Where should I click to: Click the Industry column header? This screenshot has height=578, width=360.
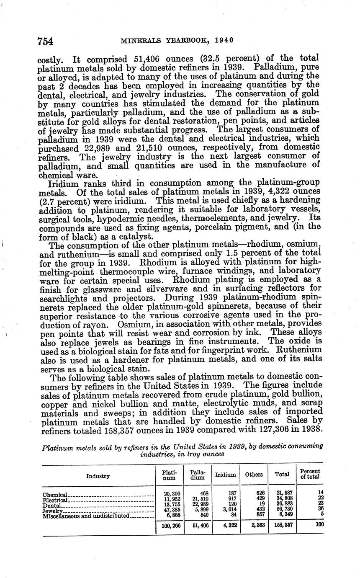point(98,476)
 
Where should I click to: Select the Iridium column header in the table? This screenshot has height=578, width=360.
point(225,475)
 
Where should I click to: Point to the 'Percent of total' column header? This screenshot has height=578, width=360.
point(310,474)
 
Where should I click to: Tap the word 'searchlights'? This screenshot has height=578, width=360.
point(67,299)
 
